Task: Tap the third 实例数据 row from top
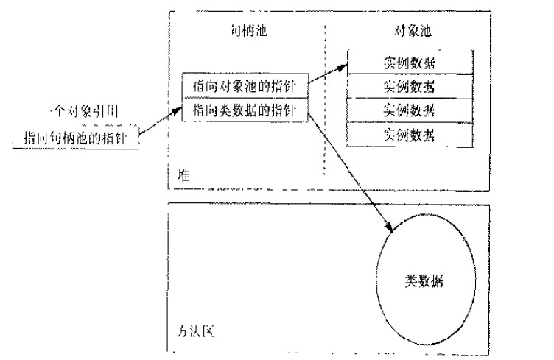point(409,110)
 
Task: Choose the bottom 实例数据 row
point(409,134)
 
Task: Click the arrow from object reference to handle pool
point(158,123)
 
